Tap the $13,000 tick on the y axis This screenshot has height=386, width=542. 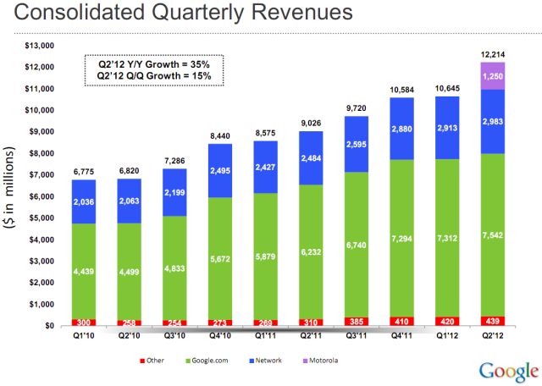[40, 45]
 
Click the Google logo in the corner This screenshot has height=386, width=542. [508, 371]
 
